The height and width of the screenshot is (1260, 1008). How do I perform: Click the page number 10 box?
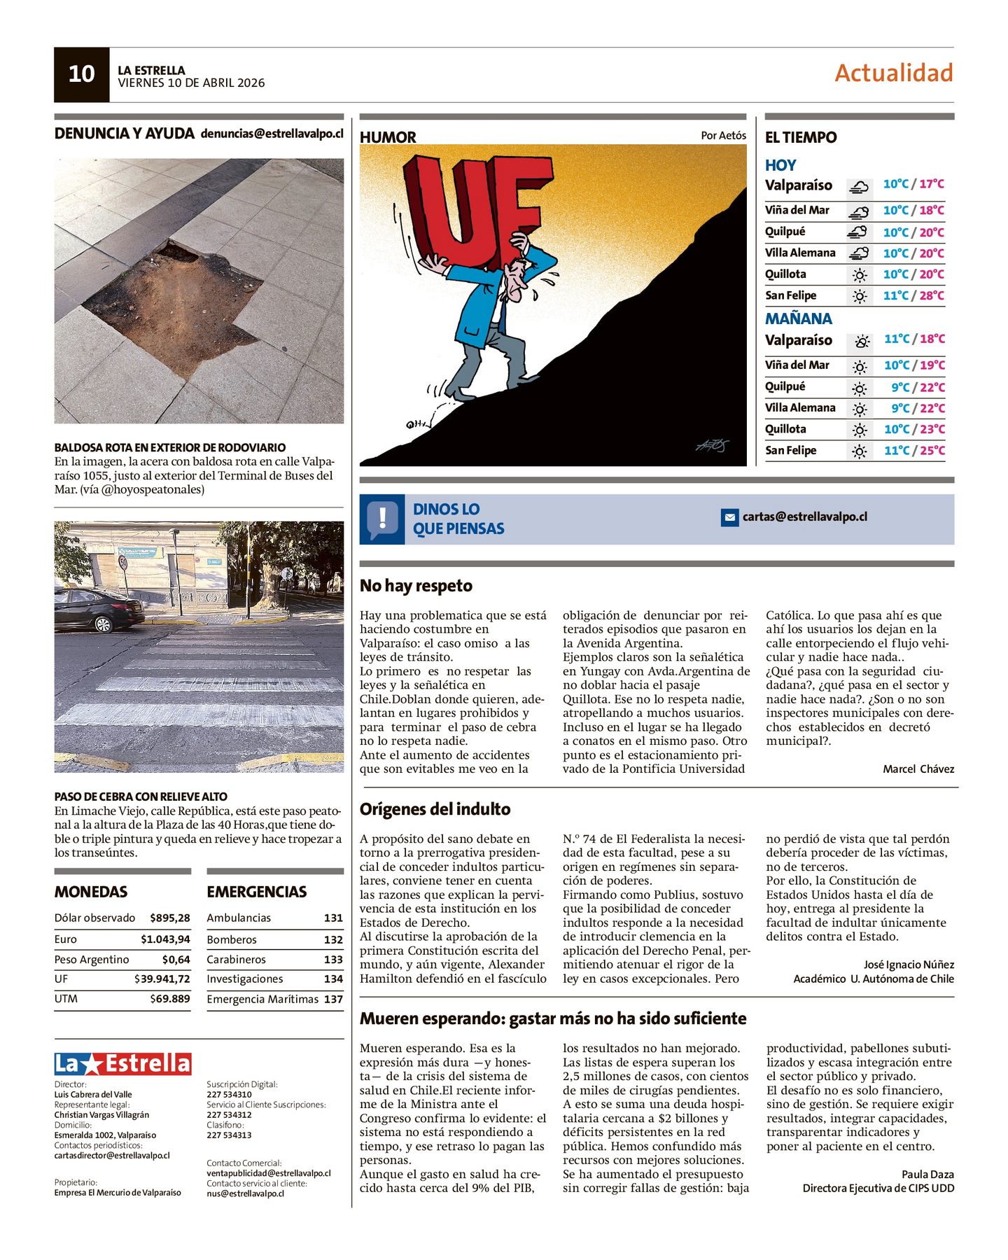81,75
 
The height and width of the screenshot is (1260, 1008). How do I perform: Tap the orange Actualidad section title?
893,73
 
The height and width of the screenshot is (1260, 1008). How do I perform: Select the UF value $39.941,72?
162,979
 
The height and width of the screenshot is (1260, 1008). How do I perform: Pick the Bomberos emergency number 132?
333,939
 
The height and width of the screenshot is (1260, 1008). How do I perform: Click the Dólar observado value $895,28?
170,918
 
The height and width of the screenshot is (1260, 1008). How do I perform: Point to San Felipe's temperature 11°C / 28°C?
913,295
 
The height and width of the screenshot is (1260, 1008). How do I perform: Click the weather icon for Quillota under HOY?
859,275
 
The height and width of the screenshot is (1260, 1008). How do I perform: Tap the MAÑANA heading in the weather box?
798,318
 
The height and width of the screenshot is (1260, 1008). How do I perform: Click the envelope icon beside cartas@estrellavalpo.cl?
729,518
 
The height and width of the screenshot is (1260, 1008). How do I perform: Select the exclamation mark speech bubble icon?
382,519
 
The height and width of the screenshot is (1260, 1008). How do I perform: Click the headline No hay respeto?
416,586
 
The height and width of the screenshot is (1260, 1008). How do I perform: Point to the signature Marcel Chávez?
918,769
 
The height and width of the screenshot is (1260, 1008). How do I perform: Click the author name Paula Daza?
927,1174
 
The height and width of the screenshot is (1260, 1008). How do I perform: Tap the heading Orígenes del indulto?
435,809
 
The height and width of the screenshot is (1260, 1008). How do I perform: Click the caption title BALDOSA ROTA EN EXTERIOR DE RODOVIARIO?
170,447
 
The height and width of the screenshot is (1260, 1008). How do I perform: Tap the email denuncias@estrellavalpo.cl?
272,133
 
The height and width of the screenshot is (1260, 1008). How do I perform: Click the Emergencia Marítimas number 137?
333,999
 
